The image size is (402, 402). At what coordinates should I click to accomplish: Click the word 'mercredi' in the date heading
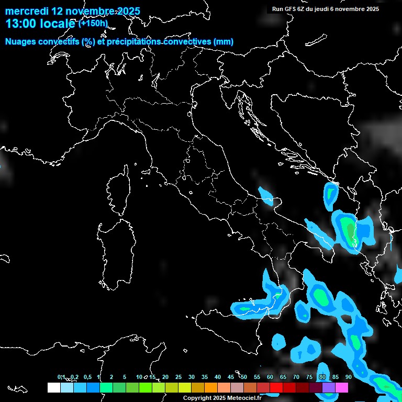[26, 11]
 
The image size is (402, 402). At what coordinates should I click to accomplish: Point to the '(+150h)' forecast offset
[93, 24]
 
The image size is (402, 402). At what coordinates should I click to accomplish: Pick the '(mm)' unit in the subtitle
[224, 42]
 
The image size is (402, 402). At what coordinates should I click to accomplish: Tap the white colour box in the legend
[53, 388]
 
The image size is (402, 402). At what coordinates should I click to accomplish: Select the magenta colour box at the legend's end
[342, 388]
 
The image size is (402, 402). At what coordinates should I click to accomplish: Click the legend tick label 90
[349, 377]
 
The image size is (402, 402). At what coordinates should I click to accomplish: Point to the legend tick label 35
[205, 377]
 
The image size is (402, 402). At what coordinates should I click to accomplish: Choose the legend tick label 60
[270, 377]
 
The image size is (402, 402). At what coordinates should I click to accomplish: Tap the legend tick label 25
[178, 377]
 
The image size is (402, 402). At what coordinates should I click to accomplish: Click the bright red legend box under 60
[276, 388]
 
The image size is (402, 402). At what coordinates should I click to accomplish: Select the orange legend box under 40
[211, 388]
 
